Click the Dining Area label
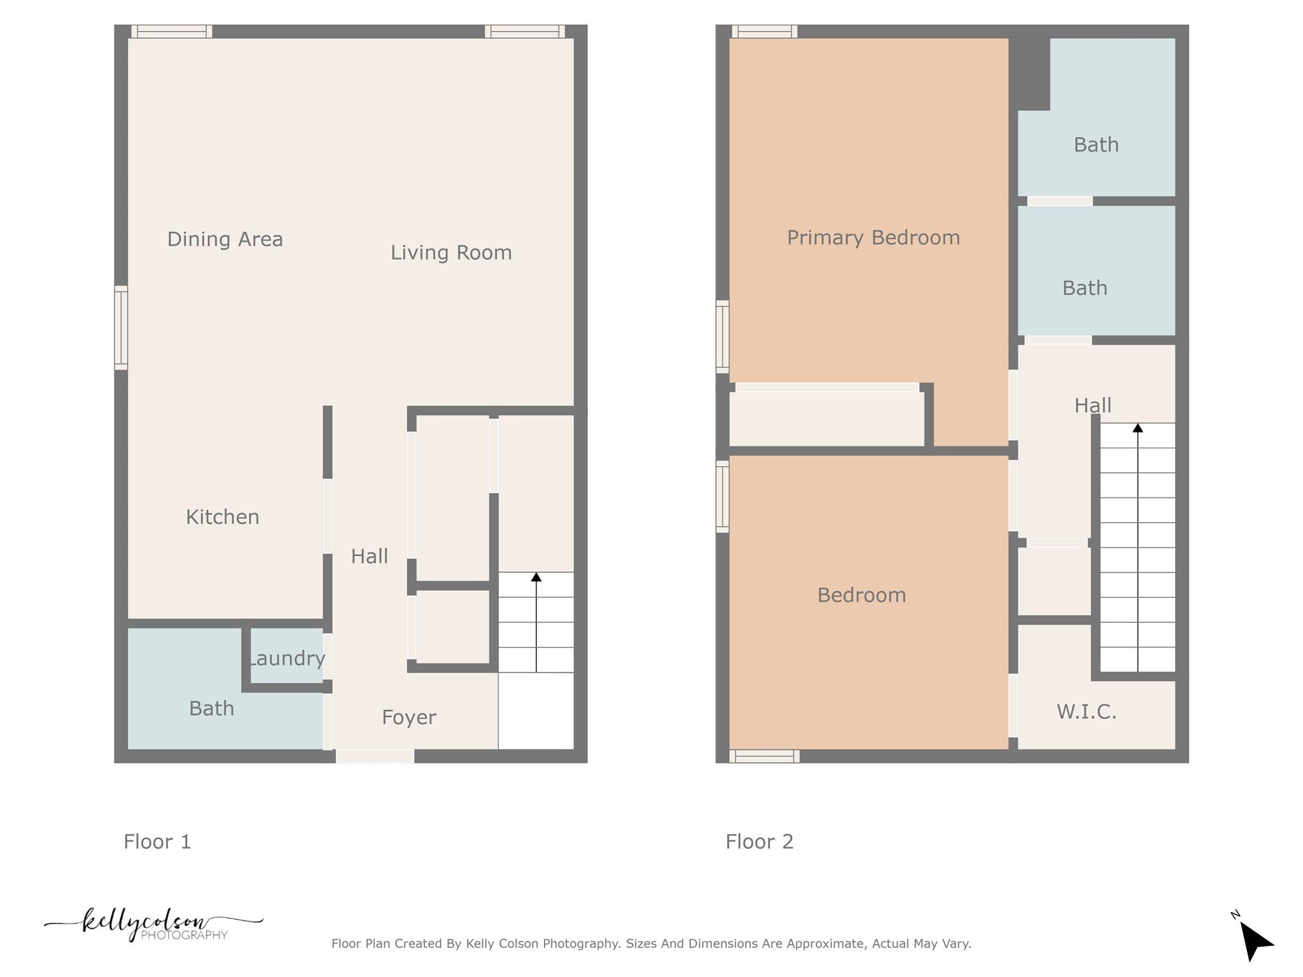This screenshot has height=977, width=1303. pyautogui.click(x=225, y=239)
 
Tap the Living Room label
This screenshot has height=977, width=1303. pyautogui.click(x=451, y=253)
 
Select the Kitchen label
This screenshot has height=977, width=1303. pyautogui.click(x=223, y=516)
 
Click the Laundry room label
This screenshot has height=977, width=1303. pyautogui.click(x=287, y=658)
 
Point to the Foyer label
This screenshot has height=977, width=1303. pyautogui.click(x=408, y=717)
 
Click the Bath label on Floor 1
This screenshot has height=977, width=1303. pyautogui.click(x=211, y=708)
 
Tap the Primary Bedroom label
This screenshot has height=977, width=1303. pyautogui.click(x=873, y=237)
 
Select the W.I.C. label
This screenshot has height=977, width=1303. pyautogui.click(x=1086, y=711)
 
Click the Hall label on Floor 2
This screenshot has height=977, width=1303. pyautogui.click(x=1092, y=405)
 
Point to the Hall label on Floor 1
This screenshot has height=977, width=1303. pyautogui.click(x=369, y=556)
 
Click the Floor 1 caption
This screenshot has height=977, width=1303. pyautogui.click(x=157, y=842)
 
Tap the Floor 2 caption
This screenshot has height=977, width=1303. pyautogui.click(x=759, y=842)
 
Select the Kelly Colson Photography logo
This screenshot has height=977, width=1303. pyautogui.click(x=153, y=924)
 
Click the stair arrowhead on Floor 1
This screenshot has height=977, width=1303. pyautogui.click(x=536, y=577)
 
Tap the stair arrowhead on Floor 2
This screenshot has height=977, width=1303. pyautogui.click(x=1138, y=428)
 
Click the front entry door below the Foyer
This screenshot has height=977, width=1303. pyautogui.click(x=375, y=756)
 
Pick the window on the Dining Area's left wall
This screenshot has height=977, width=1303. pyautogui.click(x=121, y=328)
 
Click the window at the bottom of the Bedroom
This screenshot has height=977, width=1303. pyautogui.click(x=764, y=756)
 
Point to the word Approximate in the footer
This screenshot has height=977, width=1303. pyautogui.click(x=825, y=943)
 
